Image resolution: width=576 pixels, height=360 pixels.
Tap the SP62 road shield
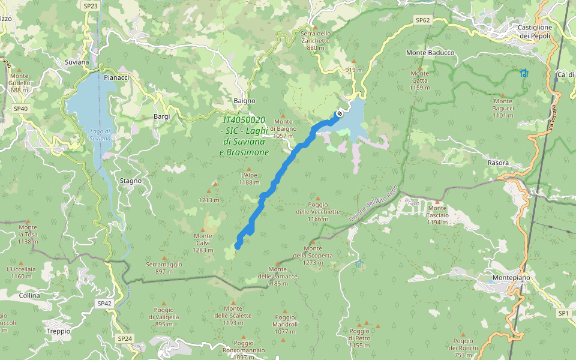[x=423, y=20]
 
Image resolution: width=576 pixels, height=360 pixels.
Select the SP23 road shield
[x=91, y=5]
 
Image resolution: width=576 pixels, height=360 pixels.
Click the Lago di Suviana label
[x=100, y=134]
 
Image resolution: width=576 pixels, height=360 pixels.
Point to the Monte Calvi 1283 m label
[x=203, y=242]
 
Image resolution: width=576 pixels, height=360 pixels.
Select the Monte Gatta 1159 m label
[x=420, y=80]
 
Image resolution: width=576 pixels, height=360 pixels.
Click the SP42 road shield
[x=104, y=304]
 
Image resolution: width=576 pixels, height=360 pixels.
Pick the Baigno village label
[x=244, y=101]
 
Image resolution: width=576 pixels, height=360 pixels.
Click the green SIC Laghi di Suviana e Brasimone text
[x=244, y=136]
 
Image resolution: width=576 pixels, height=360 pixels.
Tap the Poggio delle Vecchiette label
[x=318, y=211]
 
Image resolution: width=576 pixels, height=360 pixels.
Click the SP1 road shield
[x=563, y=313]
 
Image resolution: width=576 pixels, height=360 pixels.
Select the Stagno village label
[x=131, y=181]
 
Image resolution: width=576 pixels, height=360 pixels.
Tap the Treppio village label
[x=58, y=331]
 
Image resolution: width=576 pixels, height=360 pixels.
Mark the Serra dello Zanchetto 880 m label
[x=315, y=40]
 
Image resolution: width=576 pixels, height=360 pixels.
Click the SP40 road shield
[x=20, y=109]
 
